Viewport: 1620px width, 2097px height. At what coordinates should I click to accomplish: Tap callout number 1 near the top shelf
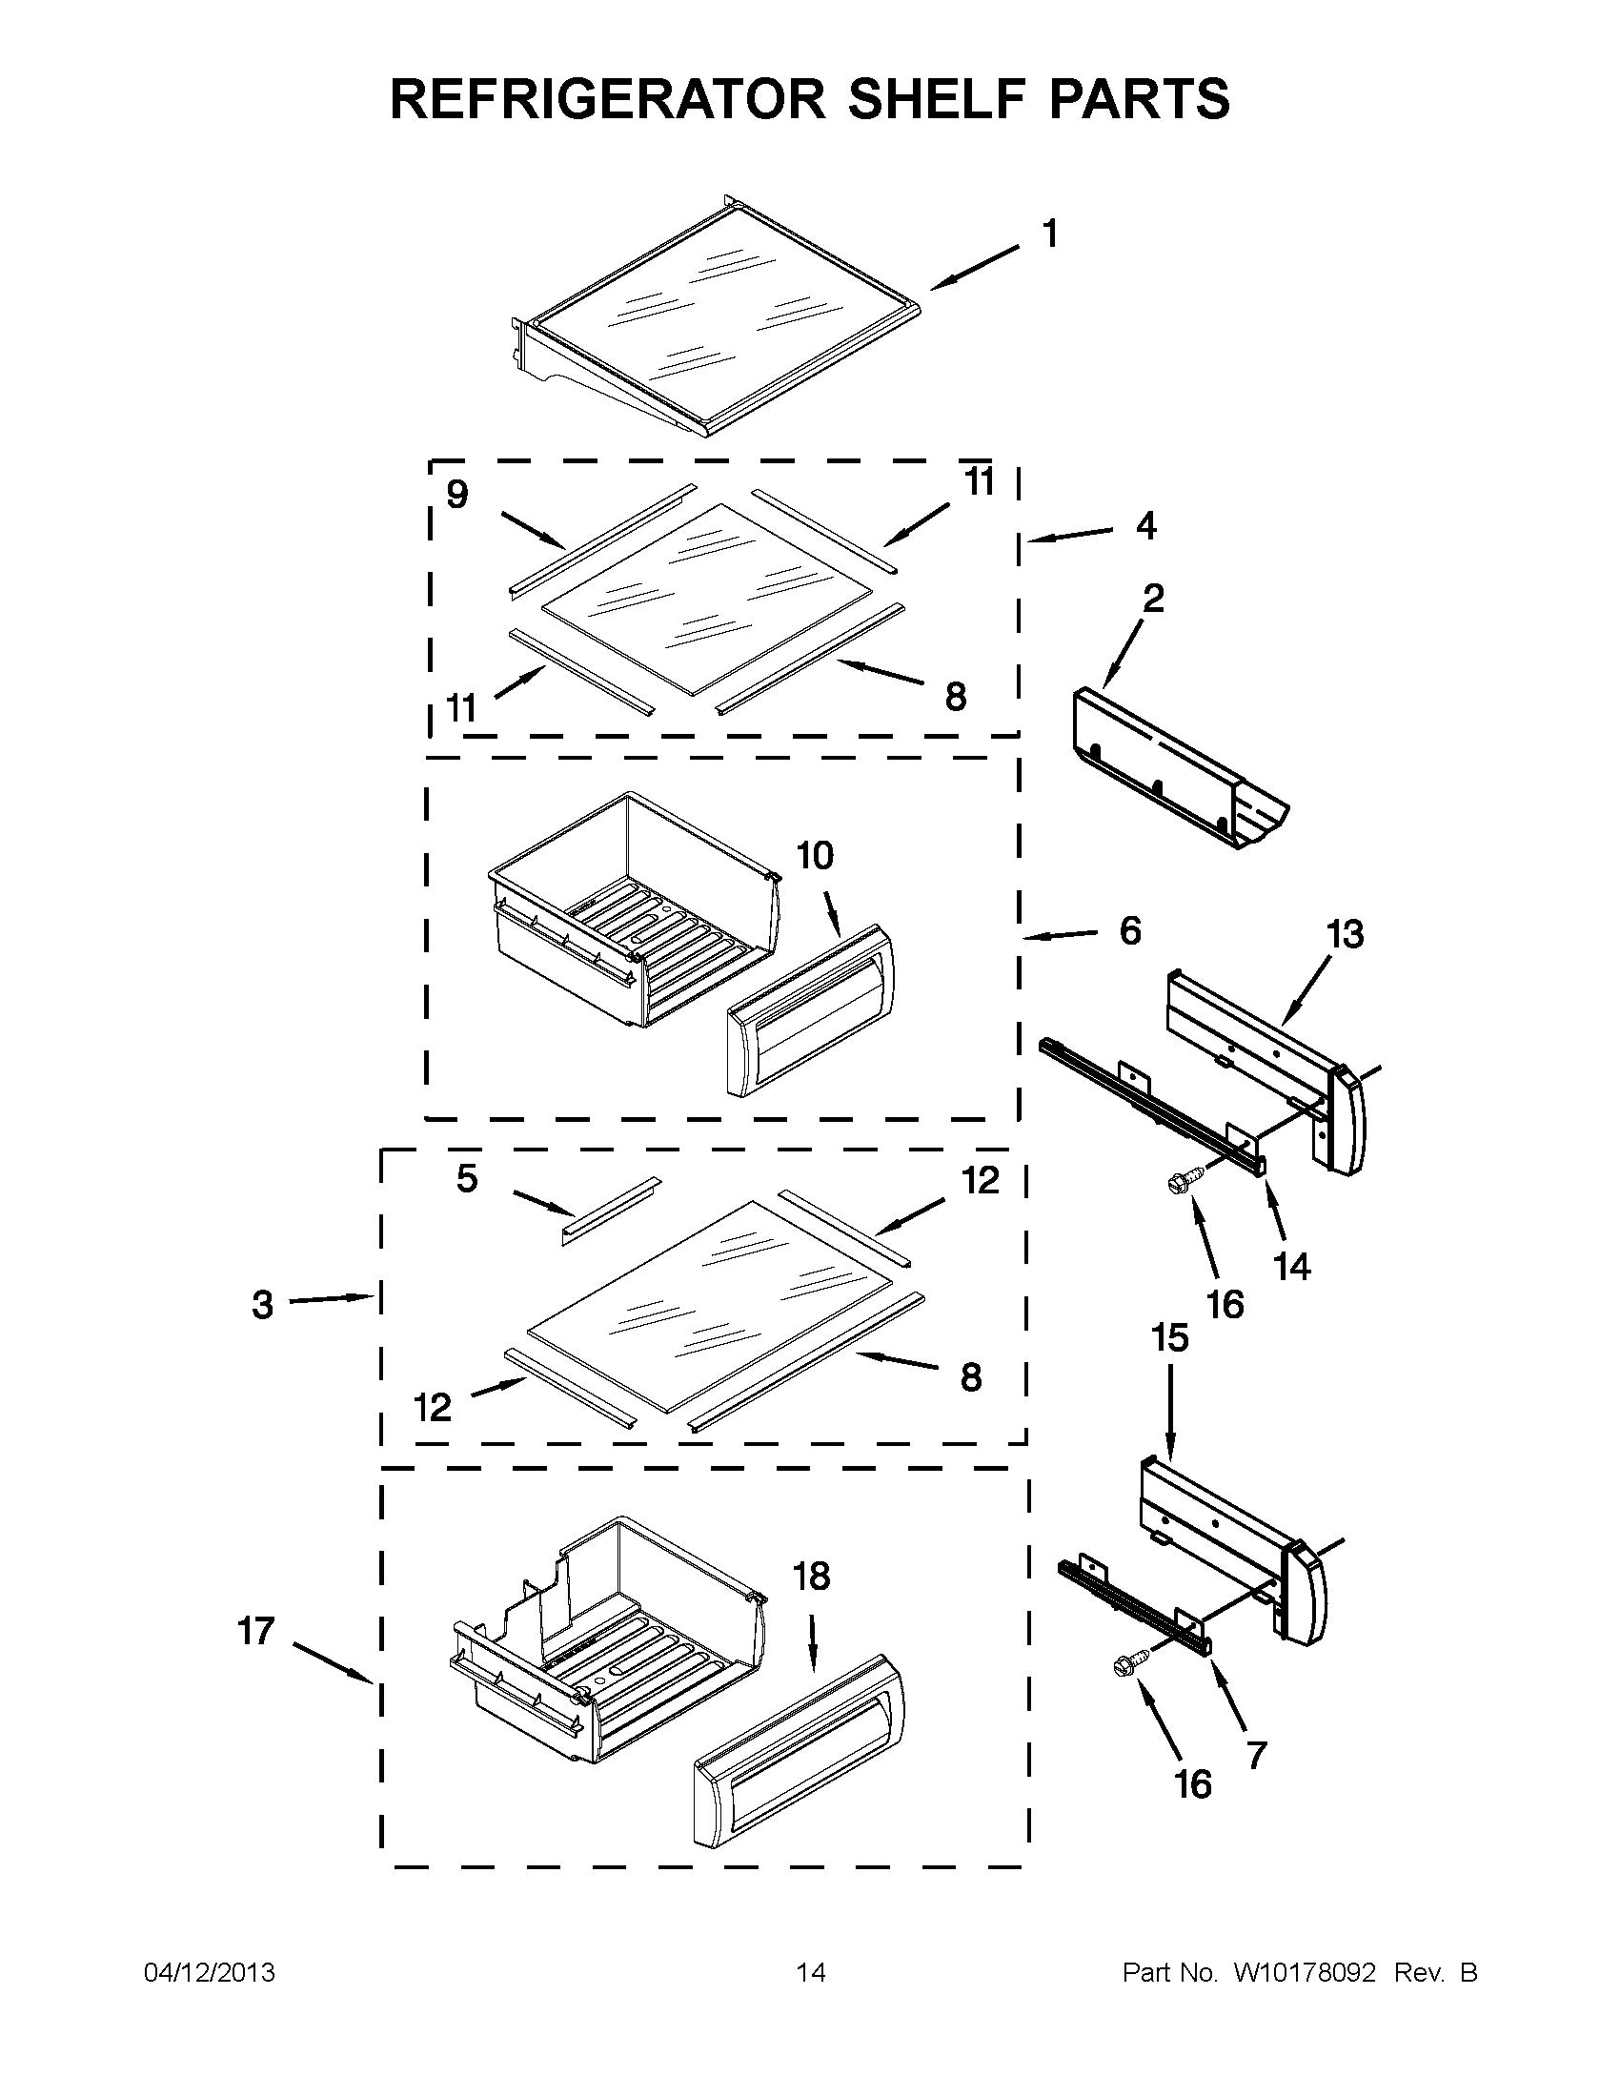(x=1051, y=234)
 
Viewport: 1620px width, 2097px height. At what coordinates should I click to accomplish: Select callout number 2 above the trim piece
(x=1154, y=599)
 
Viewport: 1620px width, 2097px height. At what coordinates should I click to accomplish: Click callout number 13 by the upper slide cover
(x=1346, y=934)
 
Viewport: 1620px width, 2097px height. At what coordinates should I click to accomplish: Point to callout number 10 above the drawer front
(x=815, y=856)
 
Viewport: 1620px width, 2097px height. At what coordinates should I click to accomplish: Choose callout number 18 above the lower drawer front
(x=812, y=1577)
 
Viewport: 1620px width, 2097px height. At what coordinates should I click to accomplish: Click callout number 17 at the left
(x=256, y=1631)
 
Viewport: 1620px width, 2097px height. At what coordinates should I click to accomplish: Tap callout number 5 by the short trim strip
(x=467, y=1179)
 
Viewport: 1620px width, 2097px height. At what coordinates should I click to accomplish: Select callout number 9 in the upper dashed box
(x=457, y=496)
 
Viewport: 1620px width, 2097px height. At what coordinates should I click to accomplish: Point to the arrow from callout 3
(x=331, y=1300)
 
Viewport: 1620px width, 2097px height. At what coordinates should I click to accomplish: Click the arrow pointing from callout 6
(x=1061, y=934)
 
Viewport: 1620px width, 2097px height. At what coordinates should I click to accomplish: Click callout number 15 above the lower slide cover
(x=1170, y=1337)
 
